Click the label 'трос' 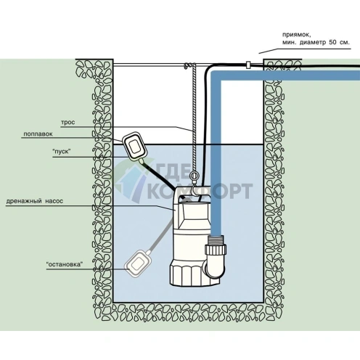click(67, 123)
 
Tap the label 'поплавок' click(38, 134)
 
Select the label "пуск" click(62, 152)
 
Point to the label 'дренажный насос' click(35, 201)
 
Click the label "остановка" click(63, 264)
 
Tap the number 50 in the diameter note click(332, 42)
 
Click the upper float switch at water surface click(135, 146)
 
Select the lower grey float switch click(138, 263)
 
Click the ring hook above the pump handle click(194, 176)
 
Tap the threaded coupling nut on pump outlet click(216, 249)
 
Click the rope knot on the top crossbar click(189, 65)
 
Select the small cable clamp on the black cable click(248, 65)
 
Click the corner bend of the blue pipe click(216, 76)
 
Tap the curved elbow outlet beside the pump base click(215, 267)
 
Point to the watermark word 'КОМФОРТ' click(200, 191)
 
